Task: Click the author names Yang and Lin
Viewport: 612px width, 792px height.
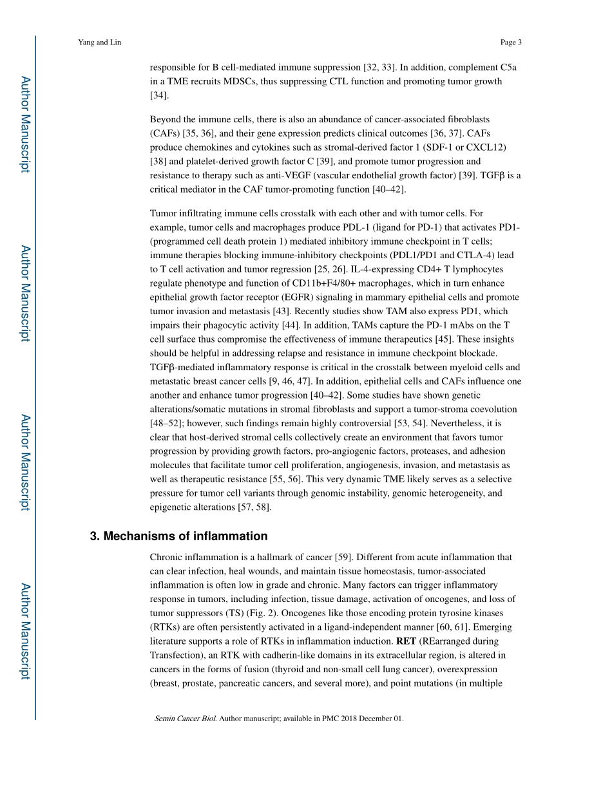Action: (99, 42)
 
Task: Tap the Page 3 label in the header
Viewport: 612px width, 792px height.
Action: (510, 42)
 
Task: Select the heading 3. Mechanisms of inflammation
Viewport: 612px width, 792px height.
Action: (178, 536)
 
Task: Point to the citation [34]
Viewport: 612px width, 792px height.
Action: (159, 95)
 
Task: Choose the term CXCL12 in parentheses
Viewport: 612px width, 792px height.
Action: (484, 147)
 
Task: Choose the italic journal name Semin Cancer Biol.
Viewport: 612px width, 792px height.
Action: (185, 719)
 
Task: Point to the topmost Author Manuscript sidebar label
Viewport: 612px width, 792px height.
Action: (24, 124)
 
